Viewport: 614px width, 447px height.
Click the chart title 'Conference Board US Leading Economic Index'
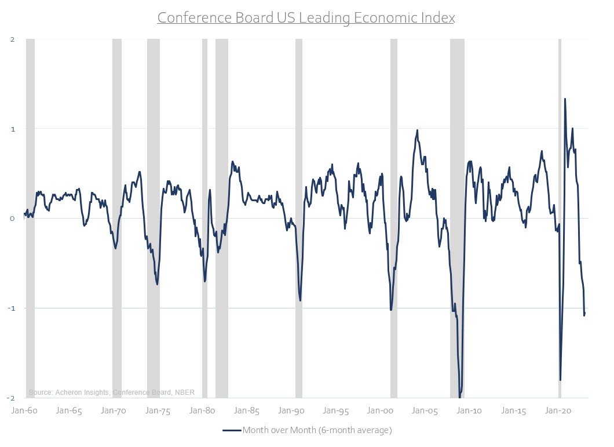point(306,18)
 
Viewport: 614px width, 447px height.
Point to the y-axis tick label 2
point(12,39)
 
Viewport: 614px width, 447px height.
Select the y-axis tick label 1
point(12,129)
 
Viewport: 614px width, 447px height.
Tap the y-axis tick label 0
point(12,219)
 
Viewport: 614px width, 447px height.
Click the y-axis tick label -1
point(11,308)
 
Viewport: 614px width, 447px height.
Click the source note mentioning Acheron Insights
point(111,393)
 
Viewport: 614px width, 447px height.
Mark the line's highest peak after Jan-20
point(565,99)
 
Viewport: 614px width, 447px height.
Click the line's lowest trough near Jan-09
point(460,397)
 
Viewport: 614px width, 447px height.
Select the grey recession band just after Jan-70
point(117,218)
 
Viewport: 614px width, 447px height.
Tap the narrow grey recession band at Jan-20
point(560,218)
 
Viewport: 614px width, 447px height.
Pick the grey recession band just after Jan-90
point(299,218)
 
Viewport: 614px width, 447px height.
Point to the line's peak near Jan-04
point(417,130)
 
